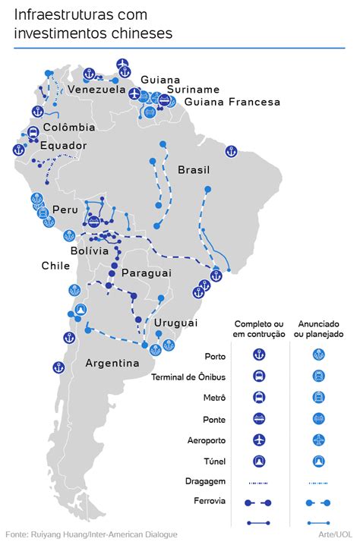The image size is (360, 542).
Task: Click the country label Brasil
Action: click(194, 170)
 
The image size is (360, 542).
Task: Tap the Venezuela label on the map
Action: click(96, 90)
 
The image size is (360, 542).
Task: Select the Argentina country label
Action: click(112, 363)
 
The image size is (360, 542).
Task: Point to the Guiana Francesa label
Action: click(232, 102)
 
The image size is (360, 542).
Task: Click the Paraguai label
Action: click(147, 273)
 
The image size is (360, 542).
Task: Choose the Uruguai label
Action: click(175, 323)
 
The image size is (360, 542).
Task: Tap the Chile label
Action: click(56, 266)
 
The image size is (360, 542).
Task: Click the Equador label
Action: click(64, 146)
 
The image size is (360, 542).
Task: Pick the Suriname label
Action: click(193, 90)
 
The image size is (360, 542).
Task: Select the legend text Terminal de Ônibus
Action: click(188, 377)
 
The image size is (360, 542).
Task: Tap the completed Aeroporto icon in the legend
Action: click(258, 440)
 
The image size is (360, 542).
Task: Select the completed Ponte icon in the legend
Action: click(258, 418)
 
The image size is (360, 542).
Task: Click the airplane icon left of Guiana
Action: click(135, 94)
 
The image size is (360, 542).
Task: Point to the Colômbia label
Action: click(69, 128)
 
